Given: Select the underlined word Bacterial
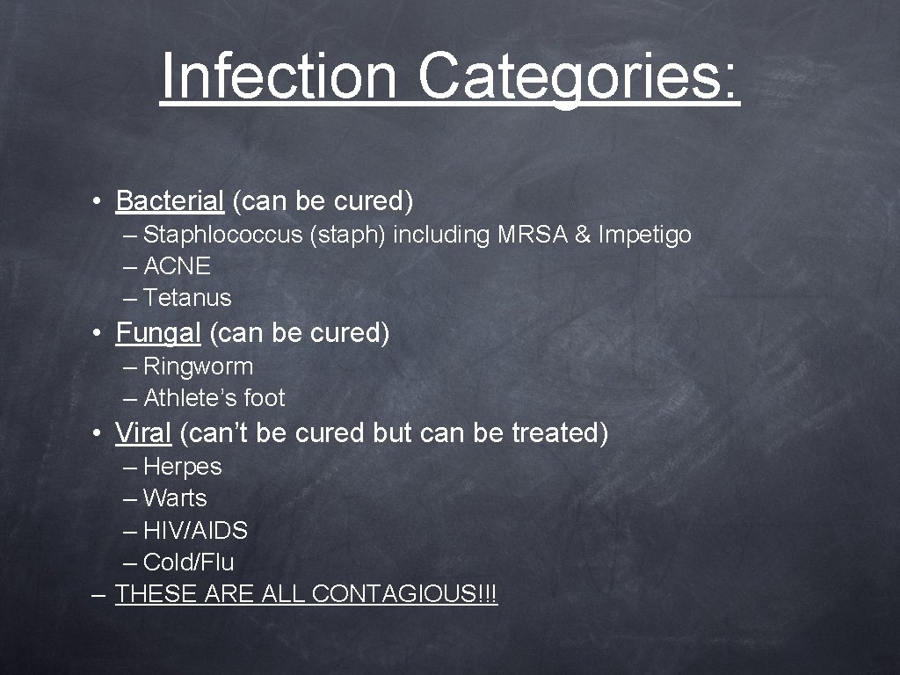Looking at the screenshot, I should click(170, 201).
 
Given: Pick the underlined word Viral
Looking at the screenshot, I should click(143, 433).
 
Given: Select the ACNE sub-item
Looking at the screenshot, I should click(177, 266).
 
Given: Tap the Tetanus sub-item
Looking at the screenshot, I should click(187, 298).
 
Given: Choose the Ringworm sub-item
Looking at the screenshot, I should click(198, 367).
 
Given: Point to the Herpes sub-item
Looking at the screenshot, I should click(182, 467).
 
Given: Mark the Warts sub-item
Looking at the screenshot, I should click(175, 498).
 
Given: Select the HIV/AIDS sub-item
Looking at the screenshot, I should click(195, 531).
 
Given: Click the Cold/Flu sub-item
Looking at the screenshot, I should click(188, 562).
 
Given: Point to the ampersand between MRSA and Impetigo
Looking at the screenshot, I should click(582, 235).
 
